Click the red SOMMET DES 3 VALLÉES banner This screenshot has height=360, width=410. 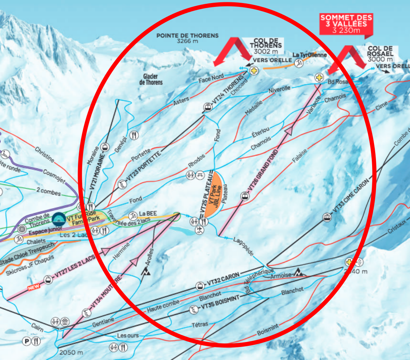point(346,24)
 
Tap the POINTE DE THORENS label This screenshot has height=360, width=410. point(187,38)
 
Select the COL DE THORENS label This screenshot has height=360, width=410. point(267,45)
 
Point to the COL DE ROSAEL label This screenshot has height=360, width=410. point(380,54)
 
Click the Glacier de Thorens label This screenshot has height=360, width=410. point(151,79)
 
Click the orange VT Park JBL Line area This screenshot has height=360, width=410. point(214,194)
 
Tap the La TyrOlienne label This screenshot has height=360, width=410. point(310,55)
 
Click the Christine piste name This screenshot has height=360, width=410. point(45,154)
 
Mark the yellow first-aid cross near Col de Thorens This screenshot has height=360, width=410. point(253,71)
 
